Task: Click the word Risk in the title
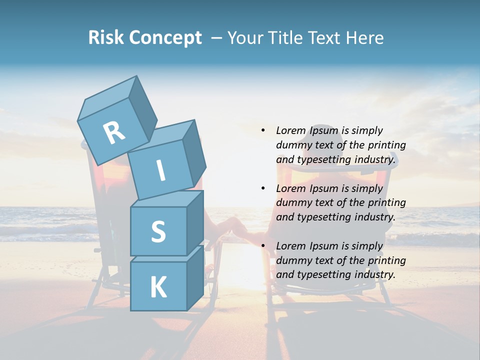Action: point(106,38)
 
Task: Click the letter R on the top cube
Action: point(114,132)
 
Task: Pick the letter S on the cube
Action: point(158,232)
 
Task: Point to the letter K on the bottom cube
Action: point(158,287)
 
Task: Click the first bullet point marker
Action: point(263,130)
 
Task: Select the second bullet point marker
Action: point(263,188)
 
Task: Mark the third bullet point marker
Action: point(263,246)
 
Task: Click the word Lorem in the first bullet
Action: point(290,131)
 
